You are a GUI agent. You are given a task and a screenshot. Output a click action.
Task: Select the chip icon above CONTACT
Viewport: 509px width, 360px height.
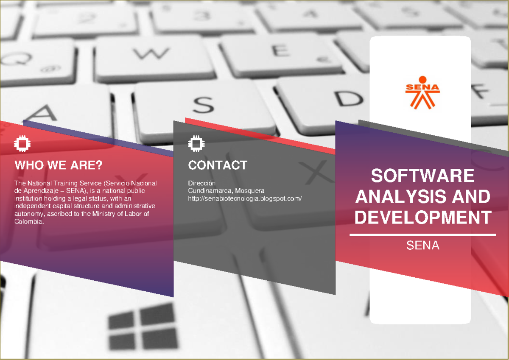(x=195, y=144)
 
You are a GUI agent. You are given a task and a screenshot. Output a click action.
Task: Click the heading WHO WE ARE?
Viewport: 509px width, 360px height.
(x=59, y=165)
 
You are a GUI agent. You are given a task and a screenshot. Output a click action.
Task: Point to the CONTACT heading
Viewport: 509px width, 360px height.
(x=218, y=165)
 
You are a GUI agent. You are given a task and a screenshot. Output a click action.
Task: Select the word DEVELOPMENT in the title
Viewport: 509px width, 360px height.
(x=422, y=218)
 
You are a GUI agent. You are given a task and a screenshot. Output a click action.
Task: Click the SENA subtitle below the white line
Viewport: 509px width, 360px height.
(x=422, y=246)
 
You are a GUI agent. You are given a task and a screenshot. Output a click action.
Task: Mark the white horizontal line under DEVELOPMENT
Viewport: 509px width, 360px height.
(x=422, y=234)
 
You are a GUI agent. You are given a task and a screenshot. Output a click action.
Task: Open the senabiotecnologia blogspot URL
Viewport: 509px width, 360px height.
(x=245, y=198)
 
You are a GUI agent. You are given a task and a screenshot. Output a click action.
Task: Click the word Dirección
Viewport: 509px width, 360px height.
(x=202, y=183)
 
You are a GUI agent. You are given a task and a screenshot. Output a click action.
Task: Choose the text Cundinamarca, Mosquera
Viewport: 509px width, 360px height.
(x=226, y=191)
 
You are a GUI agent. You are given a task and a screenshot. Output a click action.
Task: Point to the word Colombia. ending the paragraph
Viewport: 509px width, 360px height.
(x=29, y=221)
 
